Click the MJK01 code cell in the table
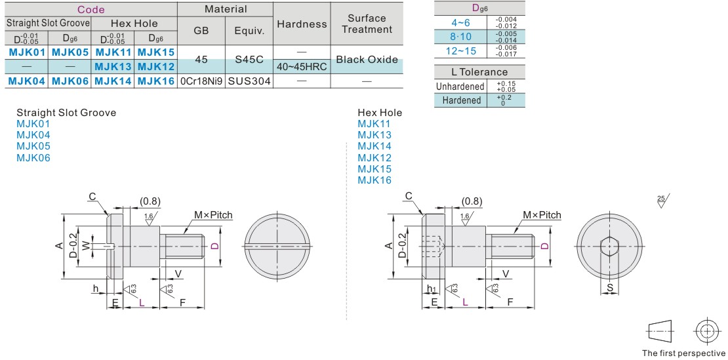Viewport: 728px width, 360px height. [x=26, y=51]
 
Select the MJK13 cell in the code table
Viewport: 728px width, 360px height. [x=112, y=66]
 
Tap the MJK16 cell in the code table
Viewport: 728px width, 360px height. [x=155, y=81]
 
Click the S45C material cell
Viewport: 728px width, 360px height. [x=249, y=59]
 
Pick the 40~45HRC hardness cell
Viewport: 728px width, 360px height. [x=302, y=66]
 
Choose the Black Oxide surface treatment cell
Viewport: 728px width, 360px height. [x=367, y=59]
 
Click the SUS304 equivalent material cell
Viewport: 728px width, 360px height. [x=249, y=81]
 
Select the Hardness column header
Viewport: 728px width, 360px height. [x=302, y=24]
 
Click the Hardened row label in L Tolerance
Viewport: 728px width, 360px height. [x=461, y=100]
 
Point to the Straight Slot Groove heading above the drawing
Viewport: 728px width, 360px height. [x=66, y=113]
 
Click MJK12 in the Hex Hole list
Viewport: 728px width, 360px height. [x=374, y=157]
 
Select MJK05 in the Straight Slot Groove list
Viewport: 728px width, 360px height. [x=33, y=146]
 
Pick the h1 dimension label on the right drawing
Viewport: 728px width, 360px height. [x=431, y=288]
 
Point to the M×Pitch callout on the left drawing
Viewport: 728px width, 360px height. [x=212, y=215]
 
